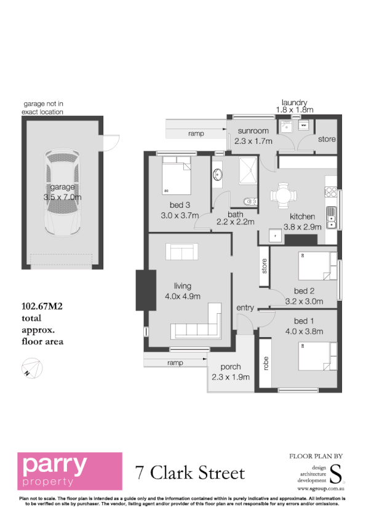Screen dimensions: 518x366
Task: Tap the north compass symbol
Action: tap(31, 369)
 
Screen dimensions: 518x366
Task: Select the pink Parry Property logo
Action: tap(70, 471)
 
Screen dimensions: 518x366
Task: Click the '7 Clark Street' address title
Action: tap(190, 472)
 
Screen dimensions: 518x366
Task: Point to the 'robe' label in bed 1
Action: tap(266, 364)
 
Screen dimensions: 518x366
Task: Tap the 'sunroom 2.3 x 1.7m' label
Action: tap(253, 135)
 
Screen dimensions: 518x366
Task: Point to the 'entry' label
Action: tap(245, 308)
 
